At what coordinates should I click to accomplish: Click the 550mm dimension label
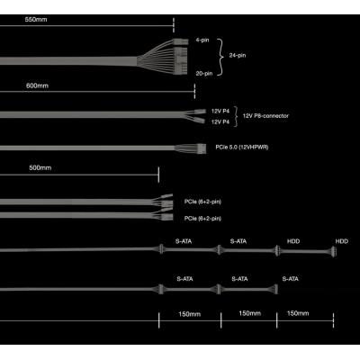(36, 20)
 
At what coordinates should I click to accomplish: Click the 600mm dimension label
(37, 85)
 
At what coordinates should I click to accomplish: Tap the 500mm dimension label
(40, 167)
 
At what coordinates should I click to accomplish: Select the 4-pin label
(202, 40)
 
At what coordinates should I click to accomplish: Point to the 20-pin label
(204, 73)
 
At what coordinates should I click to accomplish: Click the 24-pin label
(238, 55)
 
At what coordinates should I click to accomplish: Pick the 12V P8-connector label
(265, 116)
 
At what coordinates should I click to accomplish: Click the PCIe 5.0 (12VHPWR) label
(242, 148)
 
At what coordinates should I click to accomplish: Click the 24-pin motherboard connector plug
(180, 57)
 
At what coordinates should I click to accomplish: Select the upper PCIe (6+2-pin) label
(202, 202)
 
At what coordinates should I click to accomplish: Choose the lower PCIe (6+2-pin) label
(202, 219)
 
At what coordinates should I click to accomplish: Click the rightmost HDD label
(342, 241)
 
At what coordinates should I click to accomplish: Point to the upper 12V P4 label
(220, 111)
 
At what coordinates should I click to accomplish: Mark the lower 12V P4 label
(220, 121)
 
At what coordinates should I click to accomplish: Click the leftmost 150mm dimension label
(190, 314)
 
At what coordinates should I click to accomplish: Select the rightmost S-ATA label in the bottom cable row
(291, 279)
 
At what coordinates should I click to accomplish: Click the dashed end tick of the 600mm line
(194, 91)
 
